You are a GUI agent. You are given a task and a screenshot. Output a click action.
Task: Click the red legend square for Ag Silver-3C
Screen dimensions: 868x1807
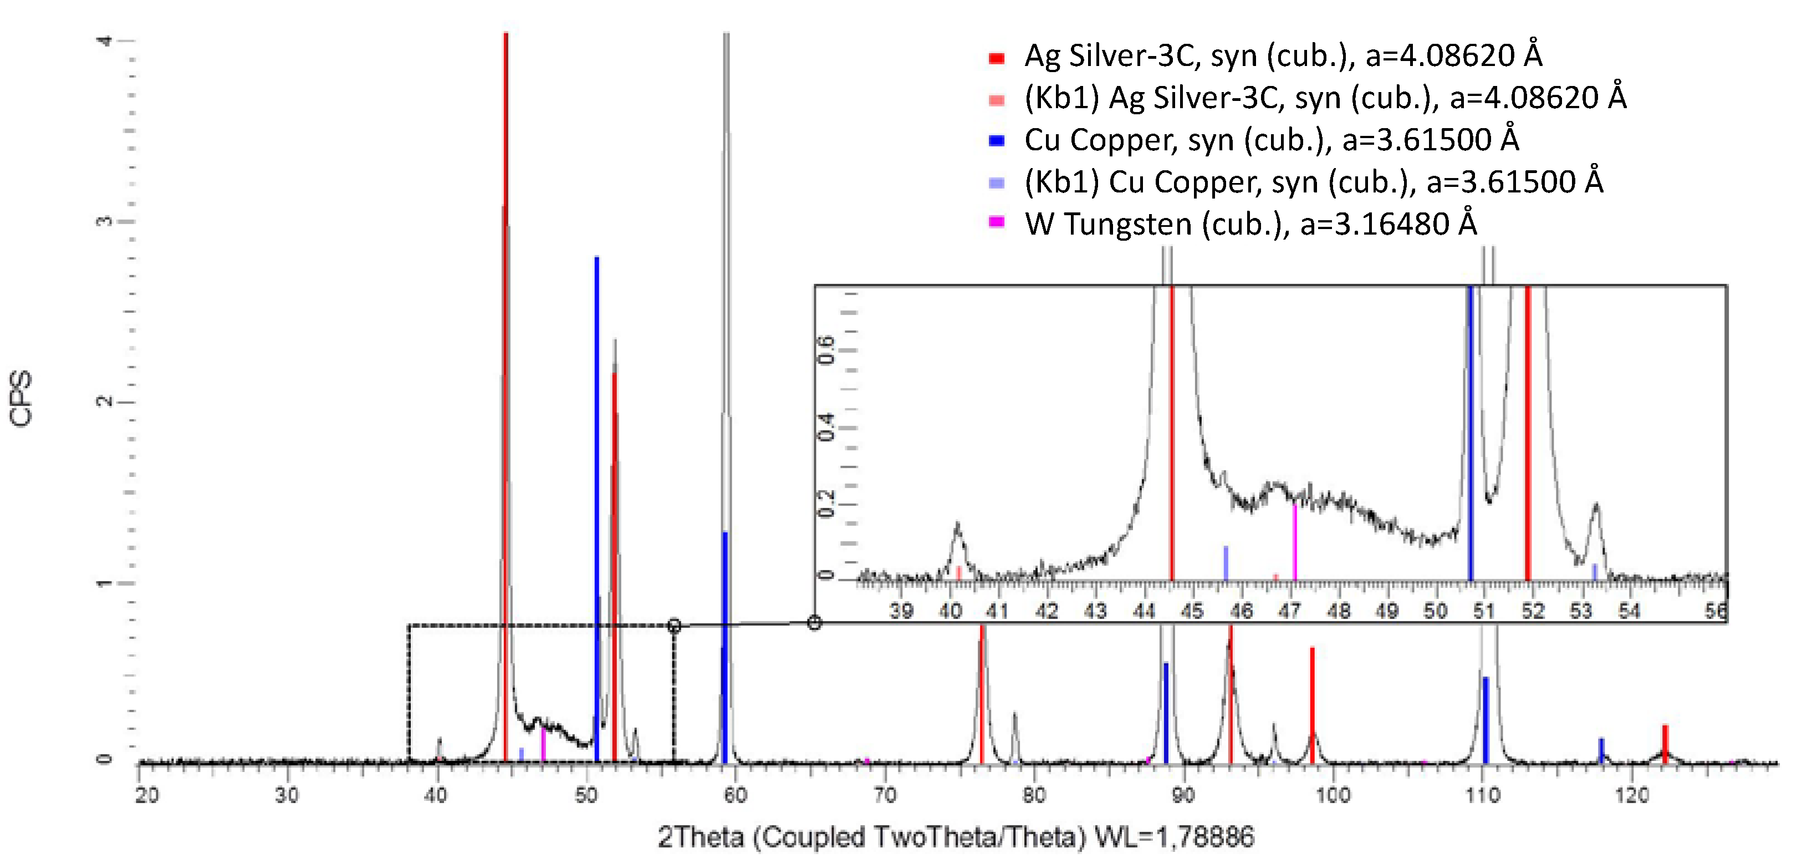pyautogui.click(x=996, y=58)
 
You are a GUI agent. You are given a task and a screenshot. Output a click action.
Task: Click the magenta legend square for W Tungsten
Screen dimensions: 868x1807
pyautogui.click(x=996, y=222)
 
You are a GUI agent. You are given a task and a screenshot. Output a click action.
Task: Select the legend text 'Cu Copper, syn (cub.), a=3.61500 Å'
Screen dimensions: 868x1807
pyautogui.click(x=1271, y=140)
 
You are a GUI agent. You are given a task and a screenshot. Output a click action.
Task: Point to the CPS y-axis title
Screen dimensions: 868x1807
pyautogui.click(x=21, y=399)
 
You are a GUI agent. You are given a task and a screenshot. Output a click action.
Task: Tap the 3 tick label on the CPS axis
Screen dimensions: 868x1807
pyautogui.click(x=104, y=221)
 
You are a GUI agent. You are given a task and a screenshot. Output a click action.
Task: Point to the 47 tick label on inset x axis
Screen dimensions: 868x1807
pyautogui.click(x=1289, y=611)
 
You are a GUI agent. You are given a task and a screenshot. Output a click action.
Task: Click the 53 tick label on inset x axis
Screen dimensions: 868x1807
pyautogui.click(x=1580, y=611)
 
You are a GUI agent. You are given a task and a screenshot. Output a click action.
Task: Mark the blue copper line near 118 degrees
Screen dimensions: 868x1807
pyautogui.click(x=1601, y=749)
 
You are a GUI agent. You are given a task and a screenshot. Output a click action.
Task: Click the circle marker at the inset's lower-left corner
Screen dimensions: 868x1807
pyautogui.click(x=814, y=622)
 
